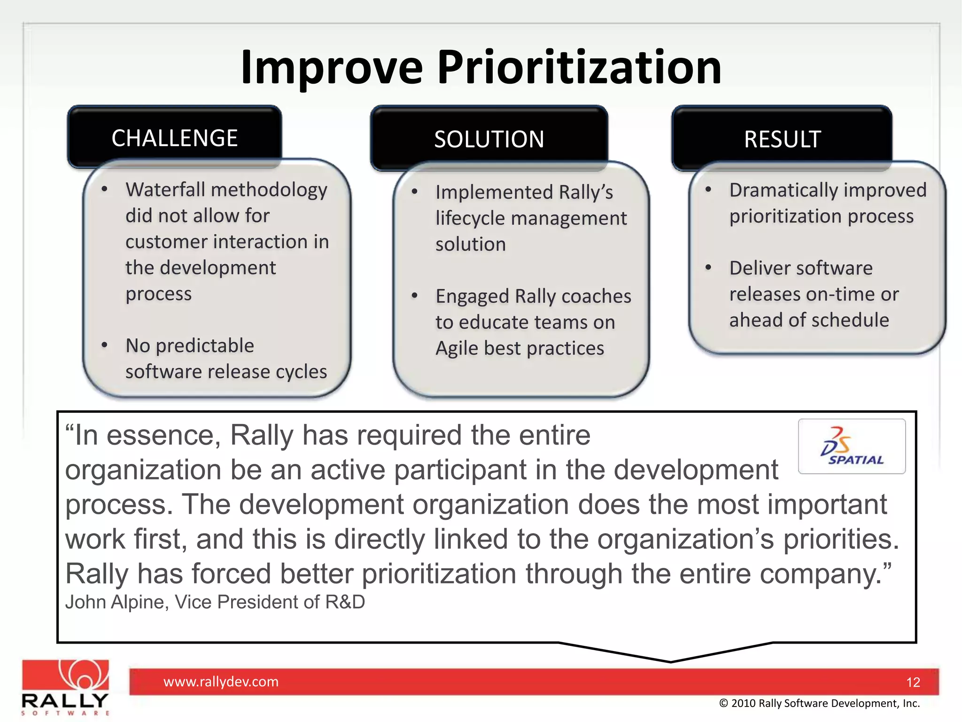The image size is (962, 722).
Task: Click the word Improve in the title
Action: [x=332, y=68]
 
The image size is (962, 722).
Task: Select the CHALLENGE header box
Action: [x=174, y=138]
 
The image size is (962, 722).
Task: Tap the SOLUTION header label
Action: [x=489, y=140]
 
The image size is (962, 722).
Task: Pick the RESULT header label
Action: [x=782, y=140]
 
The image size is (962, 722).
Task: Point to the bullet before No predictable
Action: [x=104, y=345]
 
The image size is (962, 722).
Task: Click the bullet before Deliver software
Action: [x=708, y=267]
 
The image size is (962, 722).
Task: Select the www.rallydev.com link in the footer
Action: [x=221, y=682]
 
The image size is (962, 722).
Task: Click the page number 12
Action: [x=913, y=682]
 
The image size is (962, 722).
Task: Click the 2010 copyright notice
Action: [x=819, y=703]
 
